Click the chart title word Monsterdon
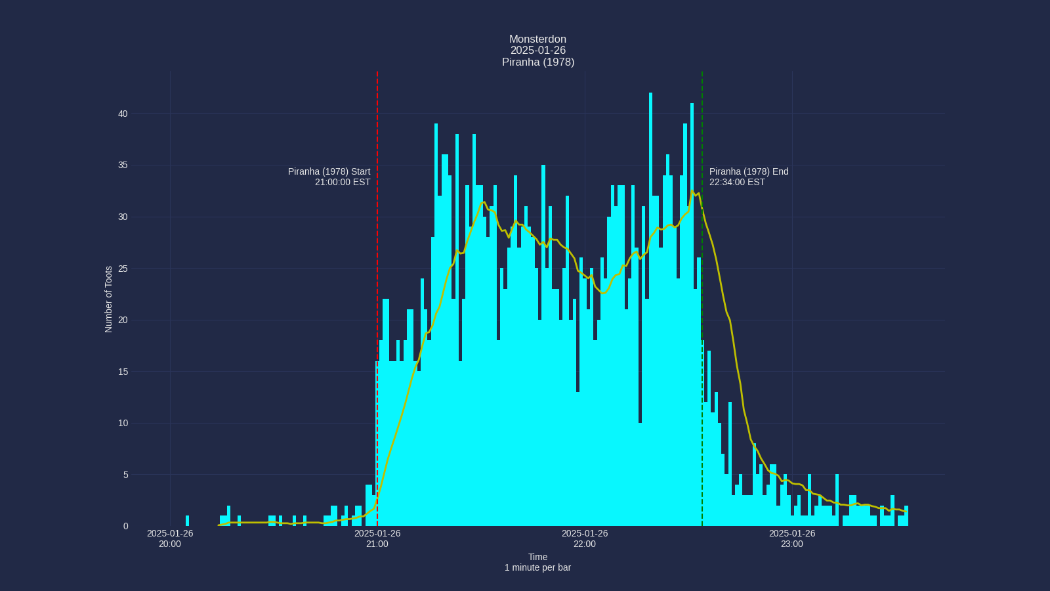tap(537, 39)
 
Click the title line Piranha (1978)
tap(537, 62)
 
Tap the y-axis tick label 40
tap(123, 114)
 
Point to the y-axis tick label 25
tap(123, 269)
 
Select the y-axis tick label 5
tap(125, 475)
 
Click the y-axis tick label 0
tap(125, 526)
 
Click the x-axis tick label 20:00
tap(170, 544)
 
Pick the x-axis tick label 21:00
tap(377, 544)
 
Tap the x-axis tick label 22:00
tap(585, 544)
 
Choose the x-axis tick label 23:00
tap(792, 544)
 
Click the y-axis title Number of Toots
tap(109, 299)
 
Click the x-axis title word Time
tap(537, 557)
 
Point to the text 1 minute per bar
tap(537, 567)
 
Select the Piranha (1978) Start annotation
tap(329, 171)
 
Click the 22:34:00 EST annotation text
tap(737, 182)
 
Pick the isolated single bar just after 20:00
tap(187, 521)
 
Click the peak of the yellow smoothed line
tap(692, 191)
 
